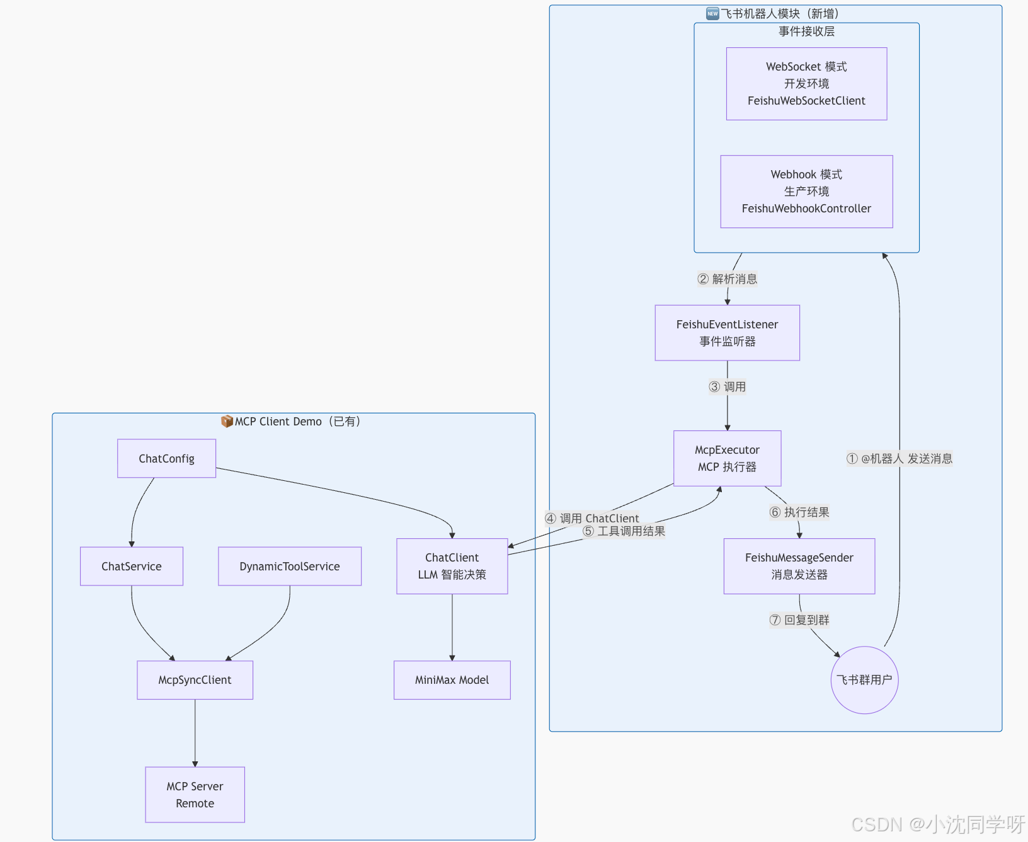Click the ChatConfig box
[166, 458]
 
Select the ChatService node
[132, 566]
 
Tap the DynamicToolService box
[290, 566]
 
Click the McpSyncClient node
[195, 680]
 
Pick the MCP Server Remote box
[195, 795]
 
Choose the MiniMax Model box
[452, 680]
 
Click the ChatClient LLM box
[452, 566]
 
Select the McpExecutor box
[728, 458]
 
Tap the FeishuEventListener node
[728, 333]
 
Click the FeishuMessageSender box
[799, 566]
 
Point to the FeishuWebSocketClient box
[807, 84]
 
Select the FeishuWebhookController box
[807, 192]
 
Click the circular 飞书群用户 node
[865, 680]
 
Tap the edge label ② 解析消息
[728, 279]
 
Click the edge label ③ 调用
[728, 387]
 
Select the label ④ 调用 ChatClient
[592, 518]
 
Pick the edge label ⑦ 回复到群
[799, 620]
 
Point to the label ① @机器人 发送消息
[899, 459]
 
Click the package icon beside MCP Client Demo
[227, 421]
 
